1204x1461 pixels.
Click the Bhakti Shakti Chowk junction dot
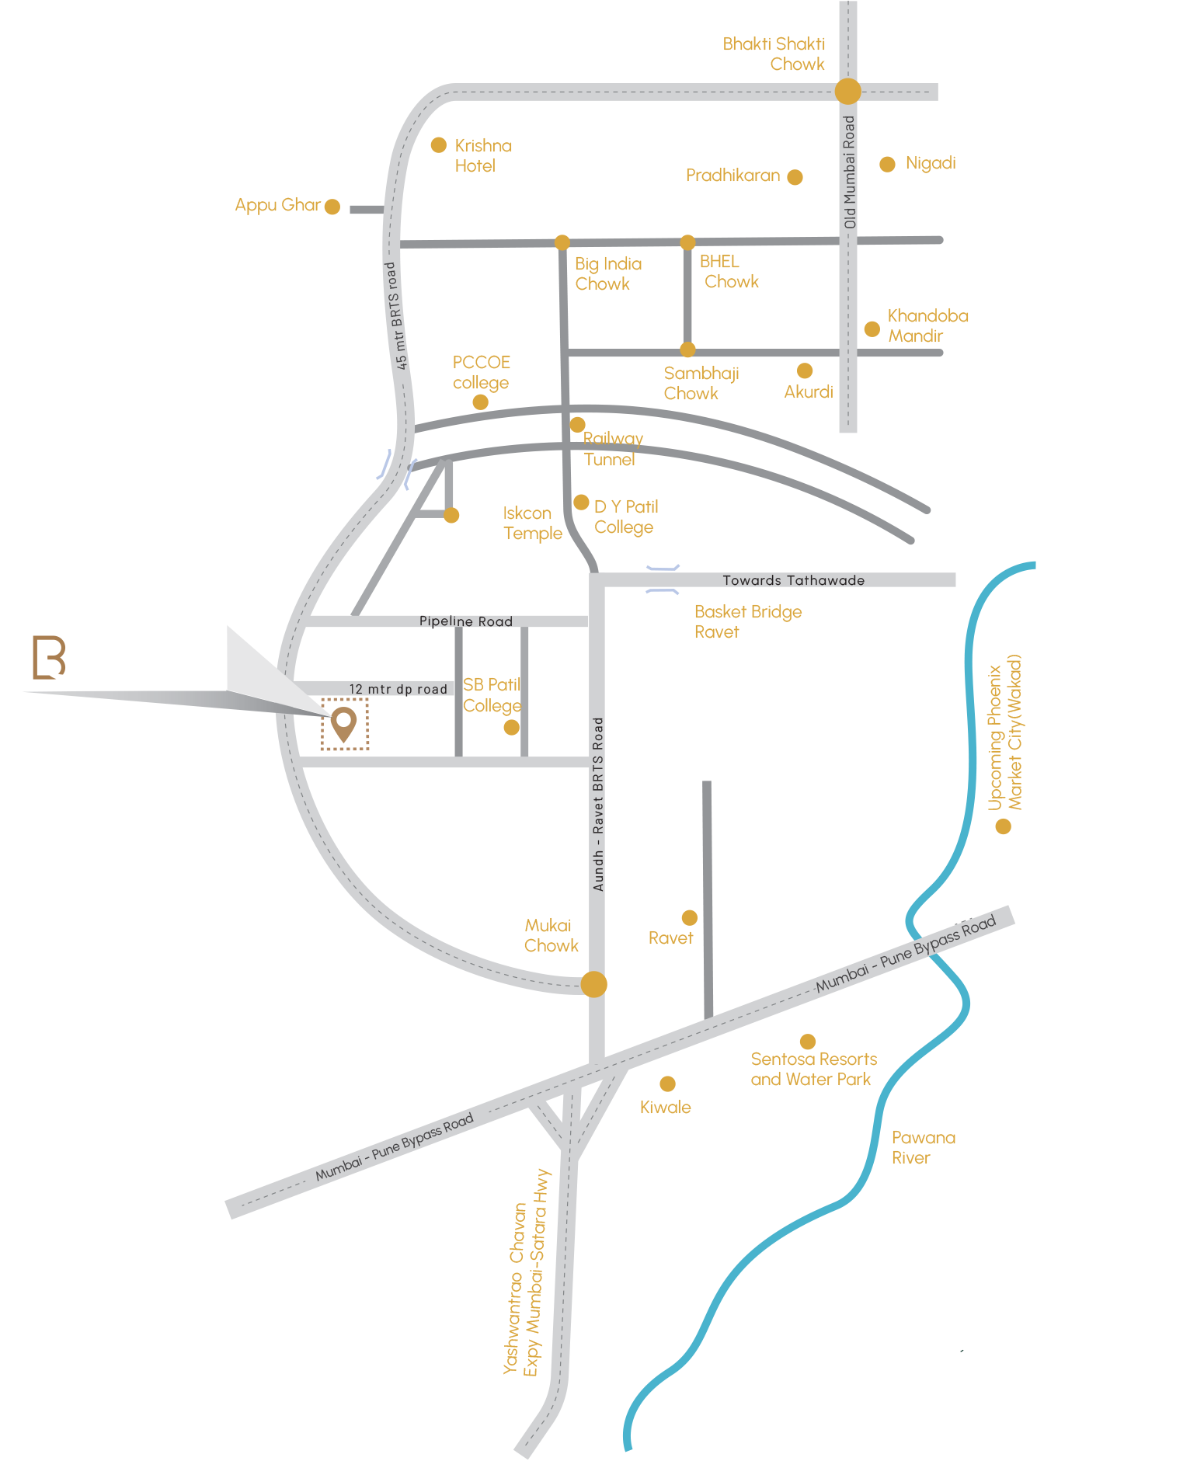[847, 91]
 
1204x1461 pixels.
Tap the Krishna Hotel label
[482, 155]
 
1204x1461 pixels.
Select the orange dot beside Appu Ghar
[332, 207]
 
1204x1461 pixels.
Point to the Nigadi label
[930, 163]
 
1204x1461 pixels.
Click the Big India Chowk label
[607, 273]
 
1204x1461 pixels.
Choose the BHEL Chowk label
[728, 272]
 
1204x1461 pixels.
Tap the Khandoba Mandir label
[927, 325]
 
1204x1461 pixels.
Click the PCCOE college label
[481, 372]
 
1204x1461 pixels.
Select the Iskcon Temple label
[532, 523]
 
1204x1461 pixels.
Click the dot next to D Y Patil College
[581, 503]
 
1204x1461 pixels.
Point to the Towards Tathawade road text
[793, 580]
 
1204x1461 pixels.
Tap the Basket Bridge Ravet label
[747, 621]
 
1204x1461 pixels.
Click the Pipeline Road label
[465, 621]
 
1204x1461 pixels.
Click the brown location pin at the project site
[343, 723]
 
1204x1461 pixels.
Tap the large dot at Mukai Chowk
[593, 984]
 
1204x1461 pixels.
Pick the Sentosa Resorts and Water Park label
[813, 1069]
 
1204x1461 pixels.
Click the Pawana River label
[923, 1147]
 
